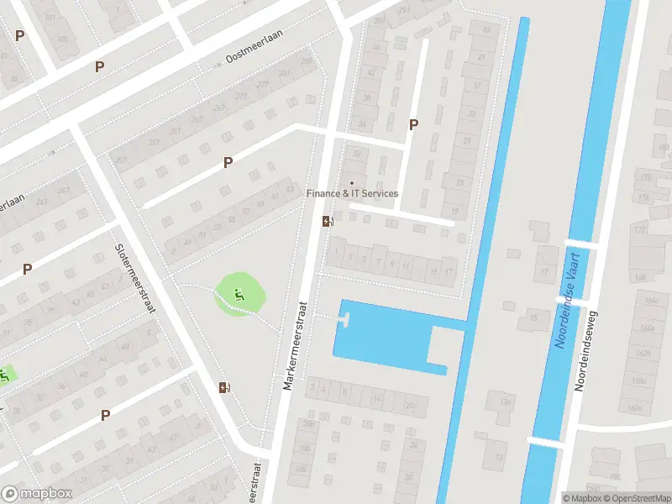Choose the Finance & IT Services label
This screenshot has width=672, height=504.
click(352, 194)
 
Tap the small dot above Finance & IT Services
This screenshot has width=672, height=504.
click(352, 183)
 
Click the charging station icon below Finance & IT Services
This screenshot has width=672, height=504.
click(328, 221)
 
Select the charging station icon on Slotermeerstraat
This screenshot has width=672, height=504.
click(224, 387)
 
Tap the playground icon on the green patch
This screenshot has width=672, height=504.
click(240, 294)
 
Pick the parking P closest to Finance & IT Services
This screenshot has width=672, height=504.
click(412, 124)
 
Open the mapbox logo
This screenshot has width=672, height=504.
click(37, 494)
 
